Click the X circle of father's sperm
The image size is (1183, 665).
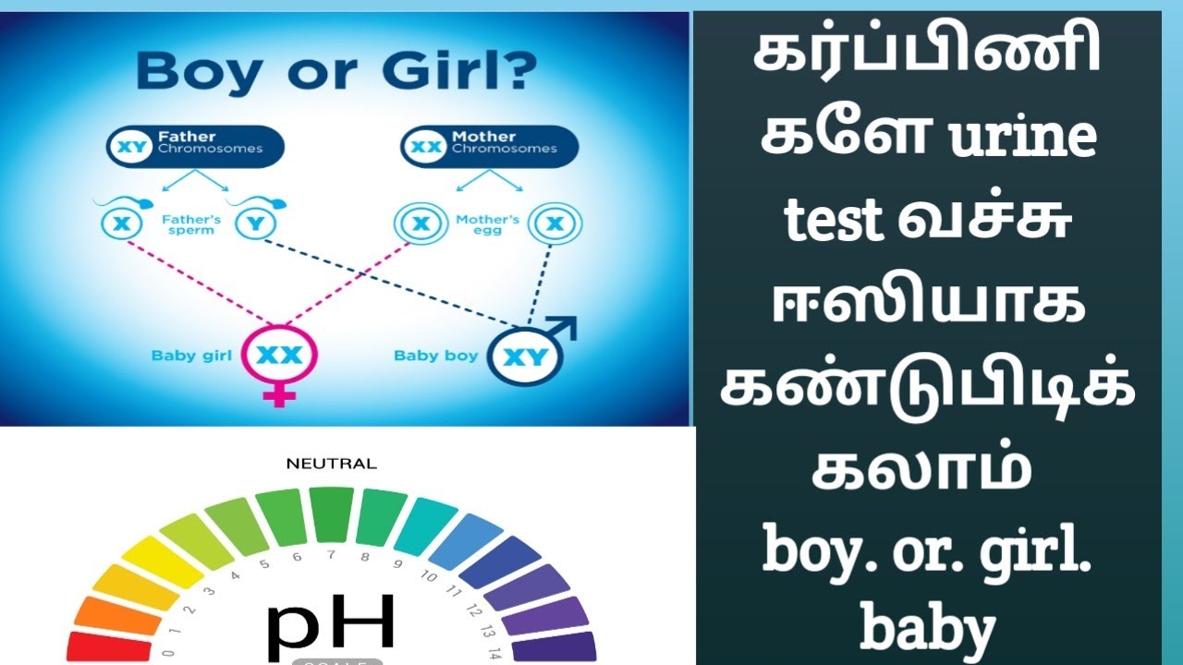click(x=120, y=224)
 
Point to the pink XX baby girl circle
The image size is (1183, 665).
click(x=279, y=356)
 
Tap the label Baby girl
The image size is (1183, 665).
click(x=191, y=355)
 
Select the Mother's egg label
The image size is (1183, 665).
click(x=487, y=224)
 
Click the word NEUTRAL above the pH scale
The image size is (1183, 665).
click(x=331, y=464)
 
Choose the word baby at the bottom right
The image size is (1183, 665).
click(x=927, y=630)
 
